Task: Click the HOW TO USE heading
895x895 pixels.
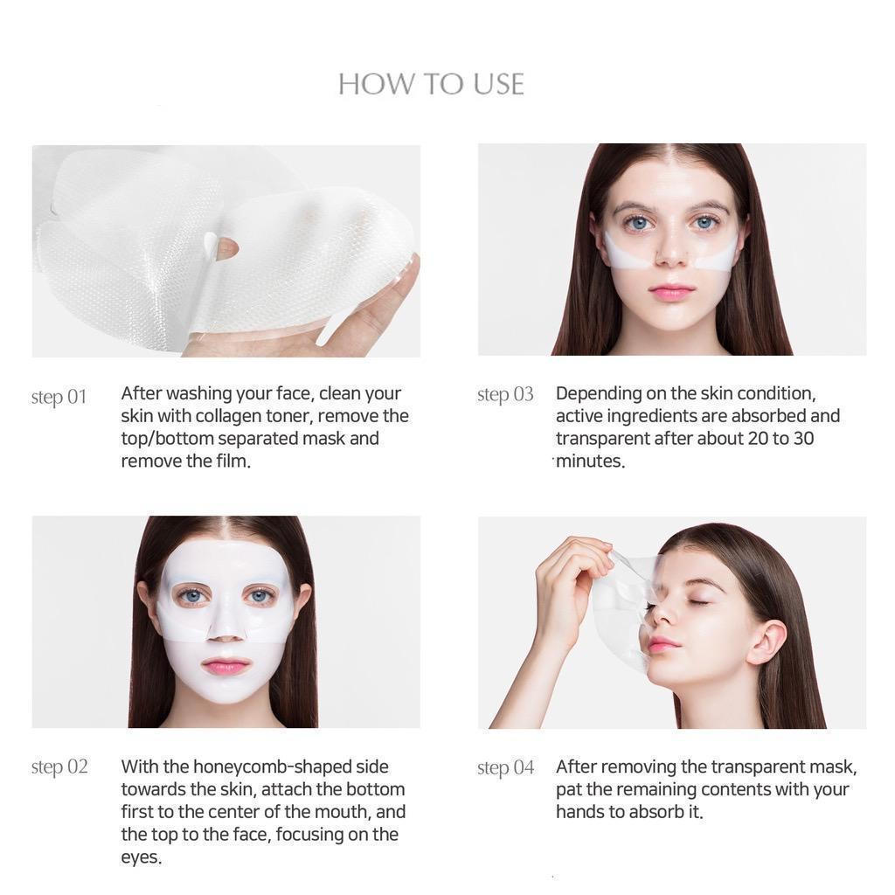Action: [431, 84]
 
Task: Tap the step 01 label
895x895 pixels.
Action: [59, 397]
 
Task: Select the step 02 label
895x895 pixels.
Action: [59, 767]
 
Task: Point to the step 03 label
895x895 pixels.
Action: [505, 394]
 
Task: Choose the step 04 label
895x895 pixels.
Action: [506, 767]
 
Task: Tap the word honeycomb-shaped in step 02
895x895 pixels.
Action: [273, 767]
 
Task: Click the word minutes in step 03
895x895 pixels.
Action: [590, 461]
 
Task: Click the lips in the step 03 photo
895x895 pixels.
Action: [672, 291]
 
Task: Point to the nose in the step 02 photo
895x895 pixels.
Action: [225, 629]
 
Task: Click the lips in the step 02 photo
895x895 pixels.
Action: [225, 666]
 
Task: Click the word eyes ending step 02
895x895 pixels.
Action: [141, 858]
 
